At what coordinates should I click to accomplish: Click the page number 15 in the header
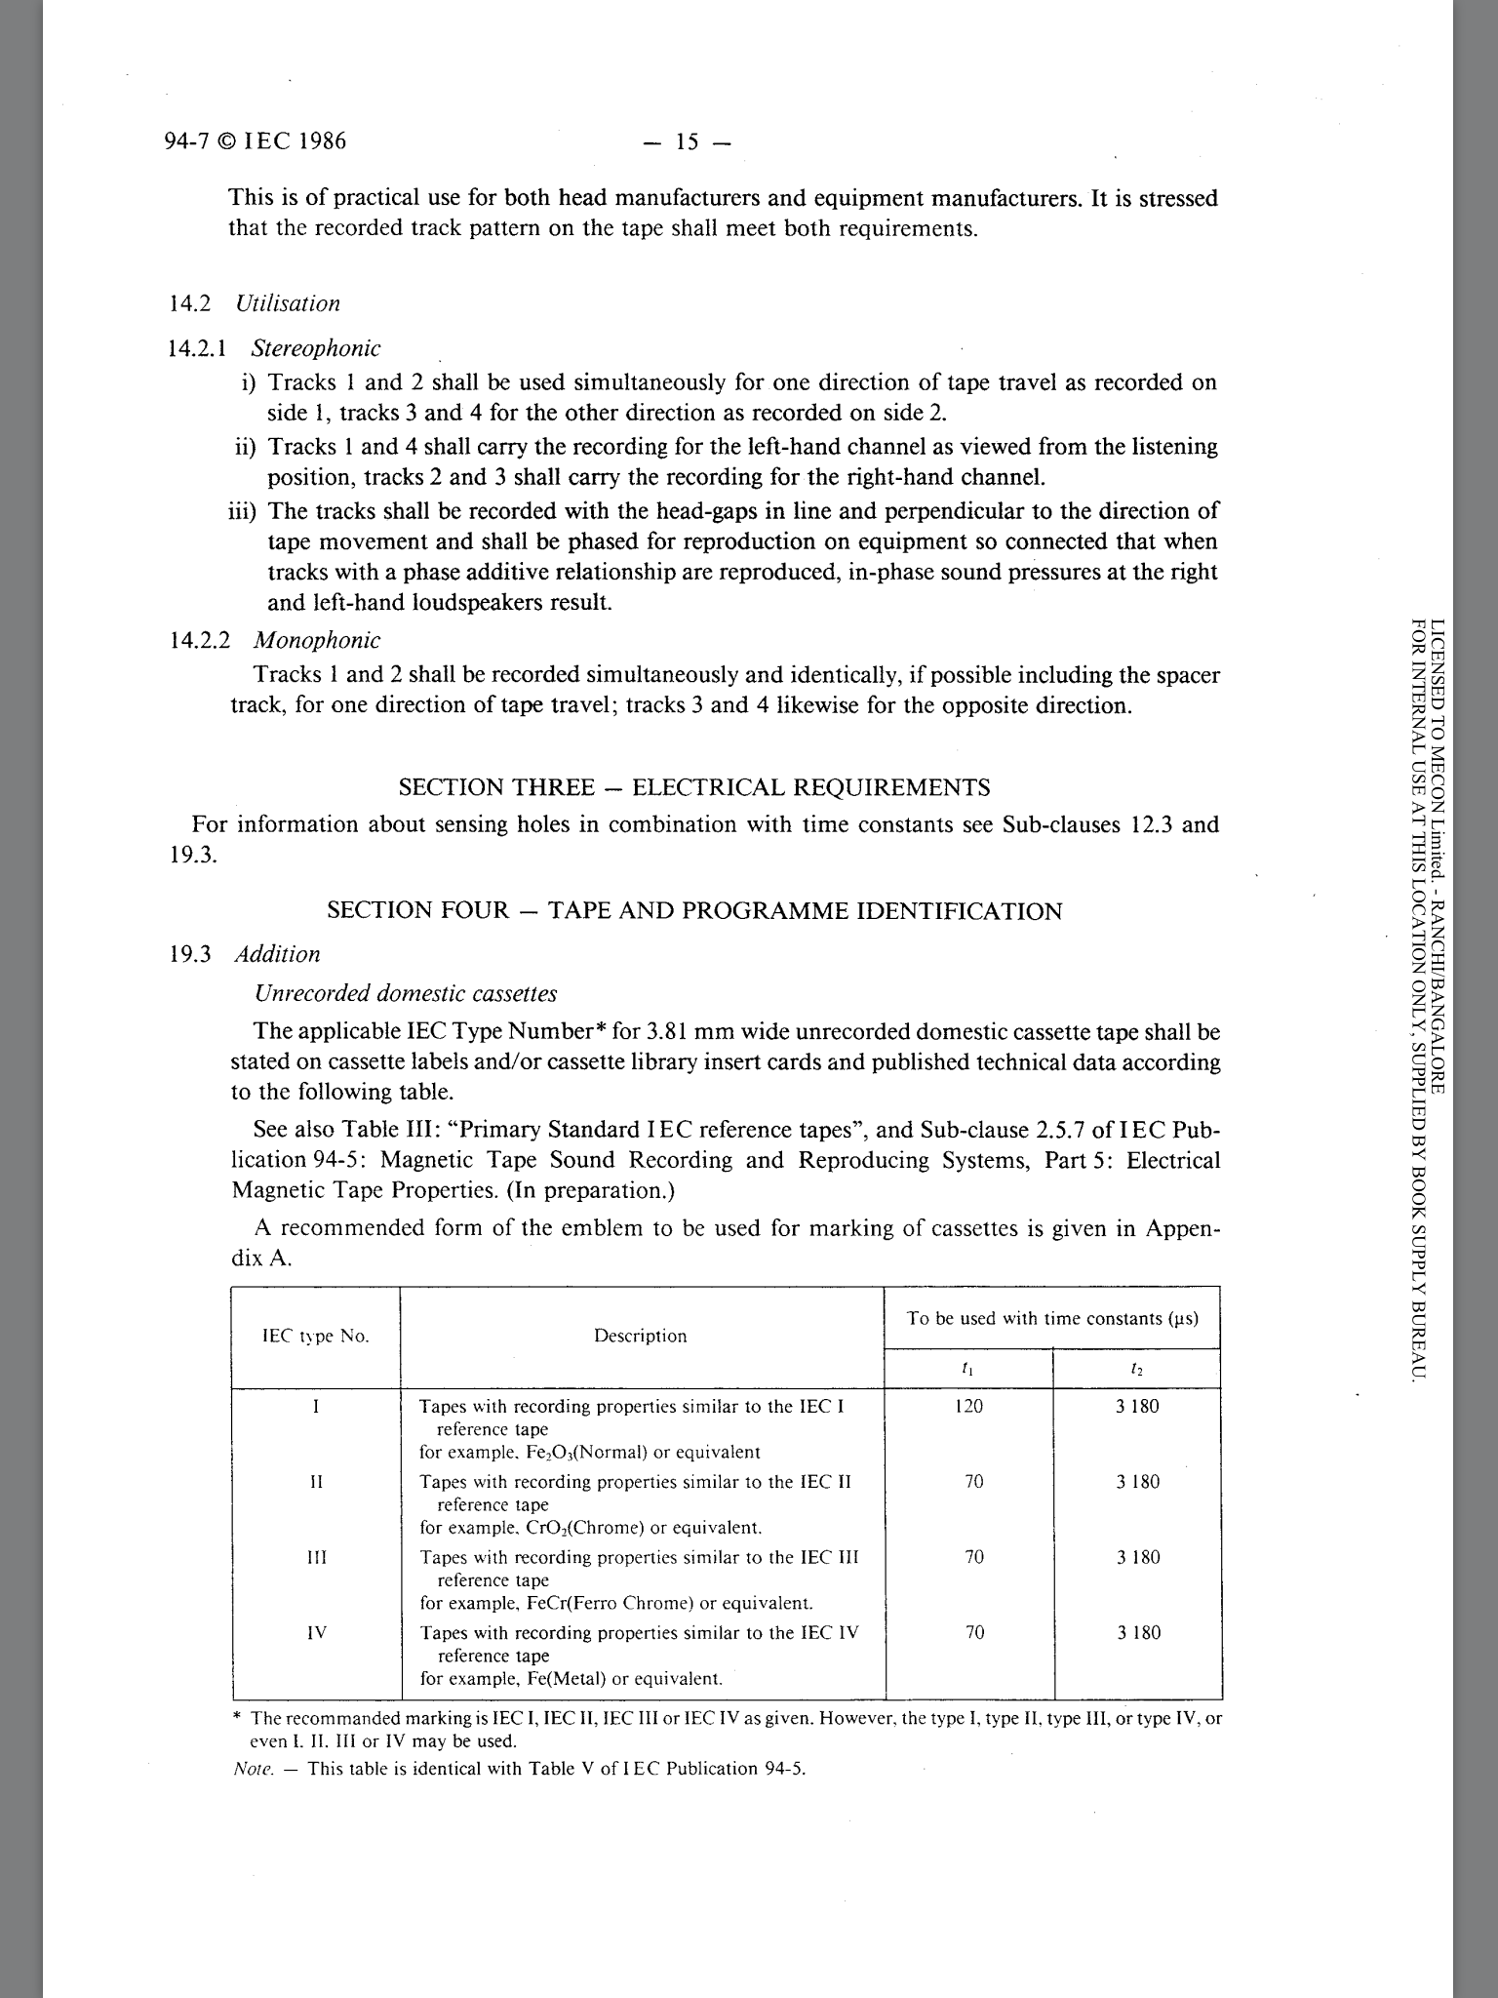[687, 142]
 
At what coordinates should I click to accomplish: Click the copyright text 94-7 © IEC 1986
[256, 142]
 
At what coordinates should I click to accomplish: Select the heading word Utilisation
[288, 303]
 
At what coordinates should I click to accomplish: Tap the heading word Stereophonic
[316, 348]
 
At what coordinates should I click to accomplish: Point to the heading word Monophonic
[316, 641]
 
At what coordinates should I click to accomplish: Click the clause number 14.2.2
[200, 641]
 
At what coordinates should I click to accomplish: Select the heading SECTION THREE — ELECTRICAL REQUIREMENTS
[694, 787]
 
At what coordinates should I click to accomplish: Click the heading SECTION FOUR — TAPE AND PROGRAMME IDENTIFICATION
[694, 911]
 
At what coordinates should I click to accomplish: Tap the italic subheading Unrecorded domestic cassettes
[405, 994]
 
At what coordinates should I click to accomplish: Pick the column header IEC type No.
[316, 1337]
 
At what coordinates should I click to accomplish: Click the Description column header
[641, 1337]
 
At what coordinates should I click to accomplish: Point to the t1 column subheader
[967, 1370]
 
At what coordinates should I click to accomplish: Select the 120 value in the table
[969, 1407]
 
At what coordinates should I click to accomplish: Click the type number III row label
[316, 1558]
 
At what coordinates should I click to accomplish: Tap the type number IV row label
[316, 1633]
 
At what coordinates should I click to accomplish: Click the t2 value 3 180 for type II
[1138, 1483]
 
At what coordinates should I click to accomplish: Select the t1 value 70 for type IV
[974, 1633]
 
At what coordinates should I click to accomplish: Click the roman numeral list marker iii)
[243, 512]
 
